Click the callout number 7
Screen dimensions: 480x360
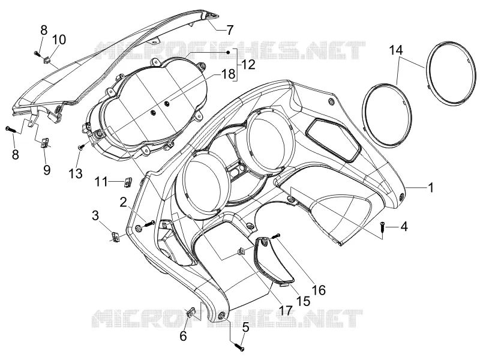[x=230, y=30]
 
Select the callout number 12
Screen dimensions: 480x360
[x=248, y=65]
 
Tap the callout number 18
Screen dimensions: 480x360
[x=229, y=74]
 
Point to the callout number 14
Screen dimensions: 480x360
[x=395, y=50]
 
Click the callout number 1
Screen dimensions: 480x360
[x=431, y=187]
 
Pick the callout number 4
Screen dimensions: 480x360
[x=404, y=227]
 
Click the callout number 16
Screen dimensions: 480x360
[x=319, y=290]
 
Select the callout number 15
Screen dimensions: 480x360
[x=303, y=301]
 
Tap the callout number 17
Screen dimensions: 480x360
[x=286, y=311]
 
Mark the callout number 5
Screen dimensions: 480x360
[x=246, y=328]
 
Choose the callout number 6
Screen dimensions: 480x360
[x=183, y=336]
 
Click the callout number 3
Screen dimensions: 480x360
[x=95, y=215]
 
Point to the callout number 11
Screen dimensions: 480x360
[x=101, y=182]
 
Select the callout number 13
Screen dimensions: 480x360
[x=76, y=173]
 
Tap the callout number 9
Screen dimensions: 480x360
[x=47, y=170]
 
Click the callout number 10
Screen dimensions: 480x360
[x=59, y=40]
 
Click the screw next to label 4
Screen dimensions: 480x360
[x=382, y=227]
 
